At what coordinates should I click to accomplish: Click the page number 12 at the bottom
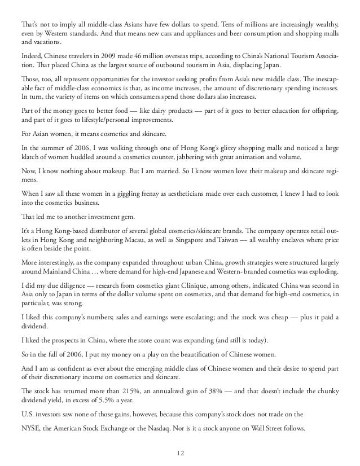[180, 451]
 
